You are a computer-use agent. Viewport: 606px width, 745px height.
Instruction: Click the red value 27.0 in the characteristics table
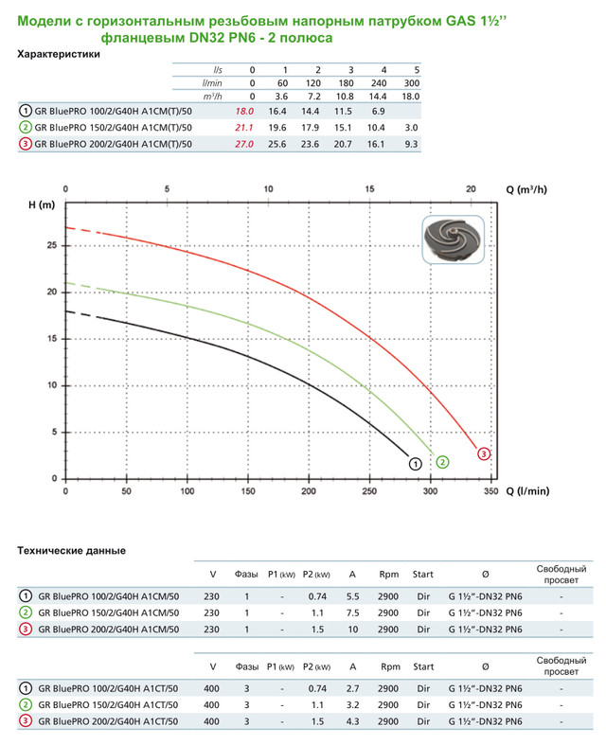(x=244, y=144)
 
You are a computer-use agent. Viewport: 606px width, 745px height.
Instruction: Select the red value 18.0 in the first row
(x=244, y=112)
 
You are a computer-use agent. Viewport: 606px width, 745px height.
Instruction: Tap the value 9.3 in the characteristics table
(x=411, y=144)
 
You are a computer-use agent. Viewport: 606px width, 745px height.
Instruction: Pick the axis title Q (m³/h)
(x=526, y=189)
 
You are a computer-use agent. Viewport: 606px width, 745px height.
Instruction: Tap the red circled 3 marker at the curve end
(x=484, y=454)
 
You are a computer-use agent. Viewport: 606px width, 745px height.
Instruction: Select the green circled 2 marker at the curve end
(x=442, y=462)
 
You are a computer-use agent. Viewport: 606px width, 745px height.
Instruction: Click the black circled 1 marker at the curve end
(x=414, y=463)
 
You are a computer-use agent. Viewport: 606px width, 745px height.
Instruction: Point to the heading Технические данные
(x=72, y=550)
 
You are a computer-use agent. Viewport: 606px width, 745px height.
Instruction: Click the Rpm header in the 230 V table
(x=388, y=575)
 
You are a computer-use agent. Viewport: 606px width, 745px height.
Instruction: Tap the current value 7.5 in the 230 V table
(x=352, y=612)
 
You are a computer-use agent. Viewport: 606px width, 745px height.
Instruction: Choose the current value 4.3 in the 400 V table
(x=352, y=723)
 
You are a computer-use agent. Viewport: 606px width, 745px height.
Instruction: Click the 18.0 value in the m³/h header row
(x=411, y=96)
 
